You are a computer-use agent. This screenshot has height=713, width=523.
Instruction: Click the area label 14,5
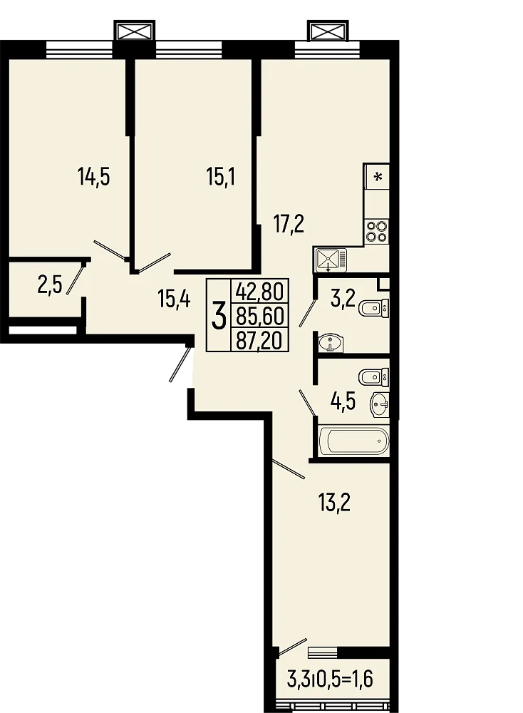pos(93,175)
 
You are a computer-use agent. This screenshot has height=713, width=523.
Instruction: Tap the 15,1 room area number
pos(221,175)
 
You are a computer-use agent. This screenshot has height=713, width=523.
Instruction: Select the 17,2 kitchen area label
pos(289,225)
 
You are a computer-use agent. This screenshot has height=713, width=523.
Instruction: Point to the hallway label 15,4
pos(174,299)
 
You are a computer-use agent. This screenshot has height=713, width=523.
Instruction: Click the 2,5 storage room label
pos(50,286)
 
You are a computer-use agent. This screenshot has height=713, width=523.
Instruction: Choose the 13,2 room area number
pos(334,503)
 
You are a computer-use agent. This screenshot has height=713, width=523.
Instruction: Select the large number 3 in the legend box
pos(219,314)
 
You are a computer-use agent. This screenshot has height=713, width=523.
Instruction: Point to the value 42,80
pos(260,291)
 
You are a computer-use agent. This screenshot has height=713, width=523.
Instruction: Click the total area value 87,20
pos(260,339)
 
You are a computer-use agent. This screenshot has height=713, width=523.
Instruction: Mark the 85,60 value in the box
pos(260,315)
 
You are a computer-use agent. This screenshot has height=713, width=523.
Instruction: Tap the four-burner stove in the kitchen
pos(377,230)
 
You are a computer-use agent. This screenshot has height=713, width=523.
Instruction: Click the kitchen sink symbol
pos(329,259)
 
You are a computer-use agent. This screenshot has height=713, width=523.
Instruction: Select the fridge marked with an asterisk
pos(377,176)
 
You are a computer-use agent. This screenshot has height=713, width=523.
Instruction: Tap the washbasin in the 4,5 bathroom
pos(379,405)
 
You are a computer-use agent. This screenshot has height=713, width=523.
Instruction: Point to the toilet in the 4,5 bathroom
pos(373,375)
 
